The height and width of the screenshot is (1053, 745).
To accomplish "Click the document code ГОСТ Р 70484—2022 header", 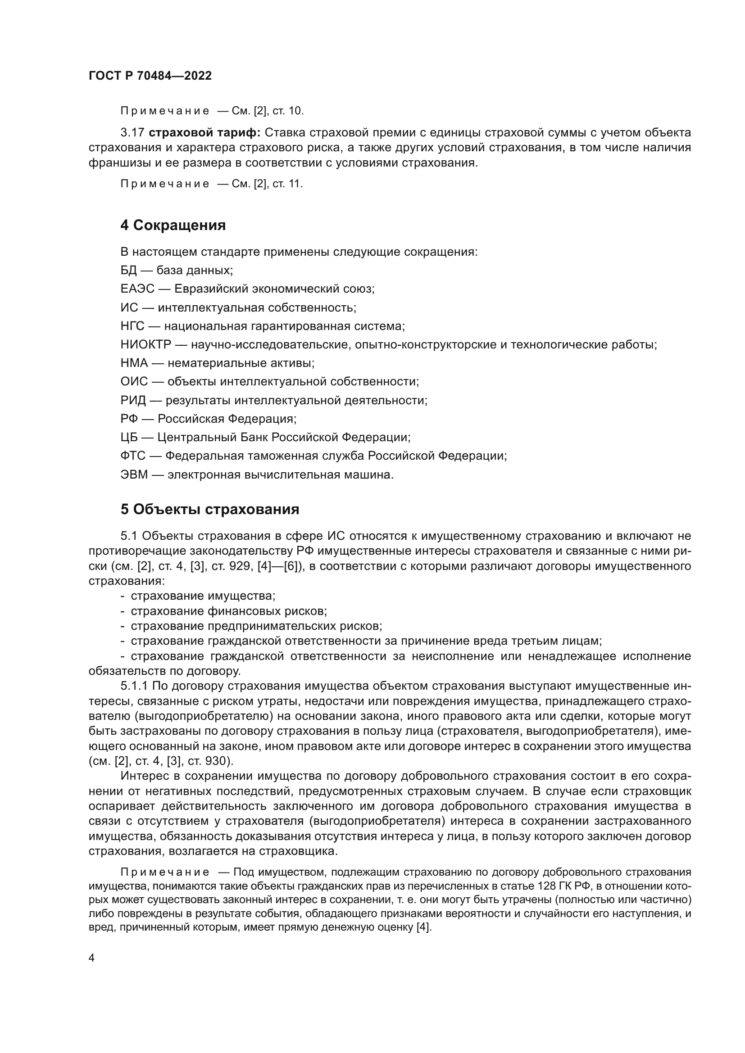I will click(150, 76).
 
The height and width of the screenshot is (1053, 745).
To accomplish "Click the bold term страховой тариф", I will click(204, 133).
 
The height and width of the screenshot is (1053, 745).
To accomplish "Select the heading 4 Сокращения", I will click(173, 225).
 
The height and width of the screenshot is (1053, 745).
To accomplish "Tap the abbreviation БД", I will click(128, 270).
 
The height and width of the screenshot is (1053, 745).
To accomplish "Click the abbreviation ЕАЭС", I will click(137, 289).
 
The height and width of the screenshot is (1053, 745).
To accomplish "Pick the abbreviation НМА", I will click(134, 363).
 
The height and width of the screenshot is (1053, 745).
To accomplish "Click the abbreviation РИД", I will click(133, 400).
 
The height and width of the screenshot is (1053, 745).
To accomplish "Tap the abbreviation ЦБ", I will click(129, 438).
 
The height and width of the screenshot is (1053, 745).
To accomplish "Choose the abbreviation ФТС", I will click(132, 456).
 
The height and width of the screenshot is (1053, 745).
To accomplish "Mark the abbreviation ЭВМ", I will click(134, 475).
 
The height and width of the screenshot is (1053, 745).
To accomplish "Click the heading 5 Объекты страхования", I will click(209, 509).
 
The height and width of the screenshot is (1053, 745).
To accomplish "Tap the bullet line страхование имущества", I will click(203, 596).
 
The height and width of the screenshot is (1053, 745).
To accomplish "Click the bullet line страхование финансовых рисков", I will click(228, 611).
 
